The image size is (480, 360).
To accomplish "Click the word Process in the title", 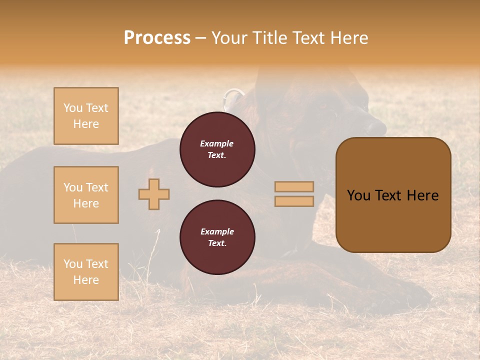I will [157, 38].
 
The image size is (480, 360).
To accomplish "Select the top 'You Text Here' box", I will [86, 116].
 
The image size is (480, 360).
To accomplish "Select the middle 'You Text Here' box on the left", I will [86, 195].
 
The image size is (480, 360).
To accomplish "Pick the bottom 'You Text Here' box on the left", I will [86, 272].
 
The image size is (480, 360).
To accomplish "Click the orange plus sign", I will [154, 194].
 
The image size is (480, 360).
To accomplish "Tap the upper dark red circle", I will [217, 149].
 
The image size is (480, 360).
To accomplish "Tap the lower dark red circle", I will [217, 237].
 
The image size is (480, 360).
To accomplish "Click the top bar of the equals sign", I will [294, 187].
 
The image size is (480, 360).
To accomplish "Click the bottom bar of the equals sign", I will [294, 201].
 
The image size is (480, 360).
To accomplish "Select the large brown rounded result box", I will [393, 195].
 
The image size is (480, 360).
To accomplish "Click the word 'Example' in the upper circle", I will [217, 143].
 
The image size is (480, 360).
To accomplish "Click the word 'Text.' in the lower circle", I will [217, 243].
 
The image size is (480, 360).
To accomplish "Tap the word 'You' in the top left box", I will [73, 108].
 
